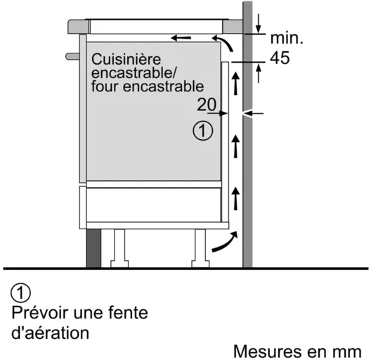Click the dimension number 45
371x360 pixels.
coord(280,58)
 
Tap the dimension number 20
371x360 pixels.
coord(207,105)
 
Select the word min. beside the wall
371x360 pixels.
coord(287,38)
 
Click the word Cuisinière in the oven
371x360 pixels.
coord(126,59)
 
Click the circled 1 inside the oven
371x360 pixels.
coord(203,131)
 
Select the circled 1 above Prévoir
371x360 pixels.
coord(21,292)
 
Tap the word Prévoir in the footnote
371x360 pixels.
coord(41,313)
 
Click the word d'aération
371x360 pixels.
coord(50,333)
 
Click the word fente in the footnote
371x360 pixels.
coord(129,313)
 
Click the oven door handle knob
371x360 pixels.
coord(72,56)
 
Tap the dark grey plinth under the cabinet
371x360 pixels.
coord(93,248)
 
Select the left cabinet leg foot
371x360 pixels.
coord(119,264)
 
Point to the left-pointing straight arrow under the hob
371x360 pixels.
coord(181,38)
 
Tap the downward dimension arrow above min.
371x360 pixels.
coord(259,24)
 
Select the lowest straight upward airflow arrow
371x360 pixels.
coord(235,198)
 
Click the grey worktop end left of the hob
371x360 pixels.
coord(79,27)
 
